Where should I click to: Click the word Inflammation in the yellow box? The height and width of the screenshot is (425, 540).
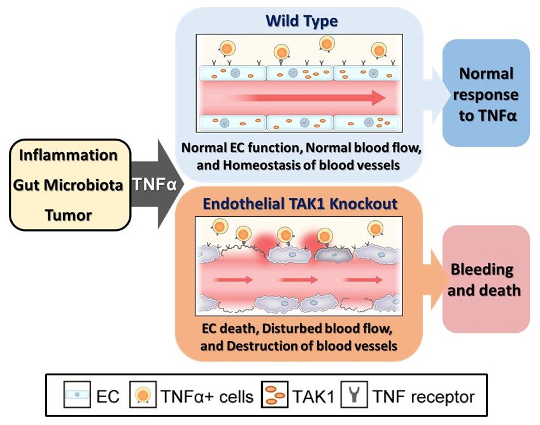tap(68, 155)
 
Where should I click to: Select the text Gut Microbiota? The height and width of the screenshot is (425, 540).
tap(68, 185)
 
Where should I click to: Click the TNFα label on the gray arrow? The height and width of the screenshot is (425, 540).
tap(153, 185)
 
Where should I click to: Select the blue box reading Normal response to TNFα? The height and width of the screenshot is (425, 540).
tap(486, 95)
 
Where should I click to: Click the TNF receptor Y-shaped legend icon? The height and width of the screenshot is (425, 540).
tap(350, 398)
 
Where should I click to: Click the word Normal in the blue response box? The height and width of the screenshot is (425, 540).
tap(486, 73)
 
